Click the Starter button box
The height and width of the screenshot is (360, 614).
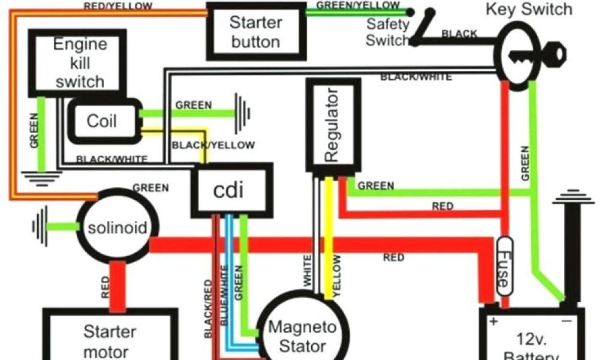[x=255, y=32]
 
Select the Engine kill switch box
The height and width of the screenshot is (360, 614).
[x=80, y=62]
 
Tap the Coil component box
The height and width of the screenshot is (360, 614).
[x=102, y=121]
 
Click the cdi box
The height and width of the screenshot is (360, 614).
[x=231, y=191]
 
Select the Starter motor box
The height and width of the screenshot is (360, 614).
[x=110, y=339]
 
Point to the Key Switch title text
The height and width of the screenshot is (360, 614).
[x=528, y=10]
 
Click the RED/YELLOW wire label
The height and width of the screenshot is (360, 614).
[x=118, y=7]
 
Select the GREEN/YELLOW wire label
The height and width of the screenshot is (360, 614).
[x=357, y=5]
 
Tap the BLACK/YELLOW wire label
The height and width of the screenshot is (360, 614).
[x=213, y=145]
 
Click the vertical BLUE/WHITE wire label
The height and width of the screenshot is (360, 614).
[x=224, y=294]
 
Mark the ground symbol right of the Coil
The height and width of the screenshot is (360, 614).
[x=243, y=112]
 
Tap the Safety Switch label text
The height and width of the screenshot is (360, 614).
[x=387, y=32]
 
